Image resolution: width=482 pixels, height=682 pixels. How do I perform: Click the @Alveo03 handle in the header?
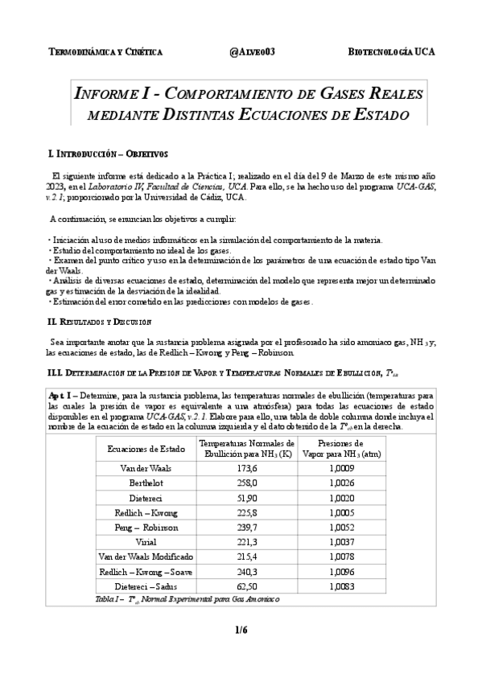click(x=253, y=51)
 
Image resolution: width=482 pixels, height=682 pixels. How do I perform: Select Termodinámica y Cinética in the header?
click(x=106, y=51)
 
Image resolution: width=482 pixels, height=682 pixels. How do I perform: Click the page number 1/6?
click(x=241, y=631)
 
